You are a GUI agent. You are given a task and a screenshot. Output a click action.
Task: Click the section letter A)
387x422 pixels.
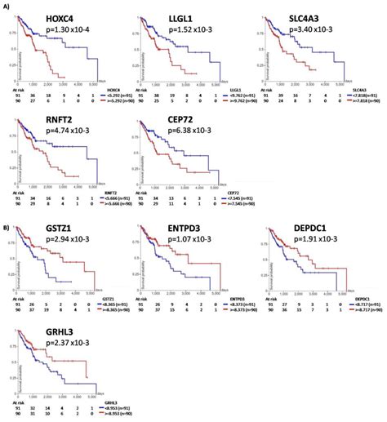[x=7, y=6]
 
